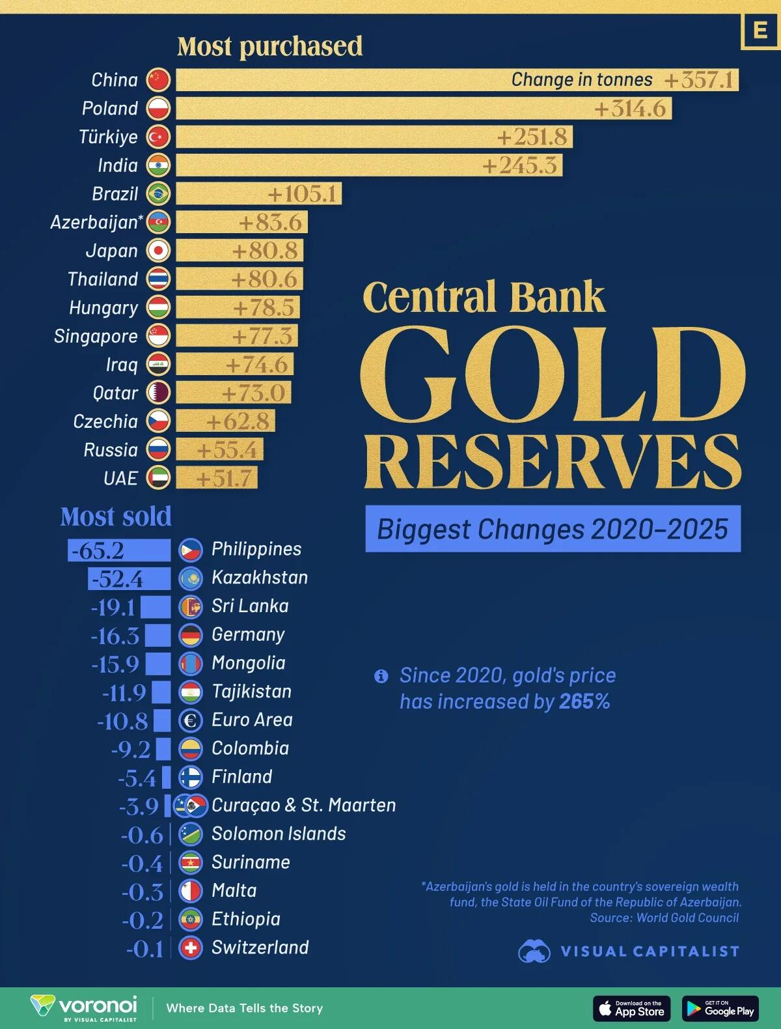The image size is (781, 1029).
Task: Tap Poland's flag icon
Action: coord(158,108)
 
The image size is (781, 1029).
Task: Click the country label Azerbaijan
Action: coord(94,222)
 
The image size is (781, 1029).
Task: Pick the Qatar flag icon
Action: coord(158,393)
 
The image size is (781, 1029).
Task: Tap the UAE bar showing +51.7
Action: coord(216,478)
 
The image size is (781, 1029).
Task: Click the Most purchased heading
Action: coord(269,46)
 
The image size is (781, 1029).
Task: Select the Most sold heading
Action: coord(116,516)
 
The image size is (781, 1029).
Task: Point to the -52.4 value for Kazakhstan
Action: coord(117,579)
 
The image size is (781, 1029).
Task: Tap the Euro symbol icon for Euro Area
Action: coord(191,720)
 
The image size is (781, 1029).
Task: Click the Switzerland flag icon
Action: coord(191,948)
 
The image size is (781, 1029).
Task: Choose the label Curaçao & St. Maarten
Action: coord(303,805)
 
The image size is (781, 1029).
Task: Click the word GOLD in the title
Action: coord(552,375)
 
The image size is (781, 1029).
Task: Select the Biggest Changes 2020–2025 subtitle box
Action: coord(553,529)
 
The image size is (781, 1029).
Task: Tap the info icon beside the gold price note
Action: coord(381,676)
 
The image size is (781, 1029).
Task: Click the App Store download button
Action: coord(631,1008)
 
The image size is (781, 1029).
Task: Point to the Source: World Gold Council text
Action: coord(664,918)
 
